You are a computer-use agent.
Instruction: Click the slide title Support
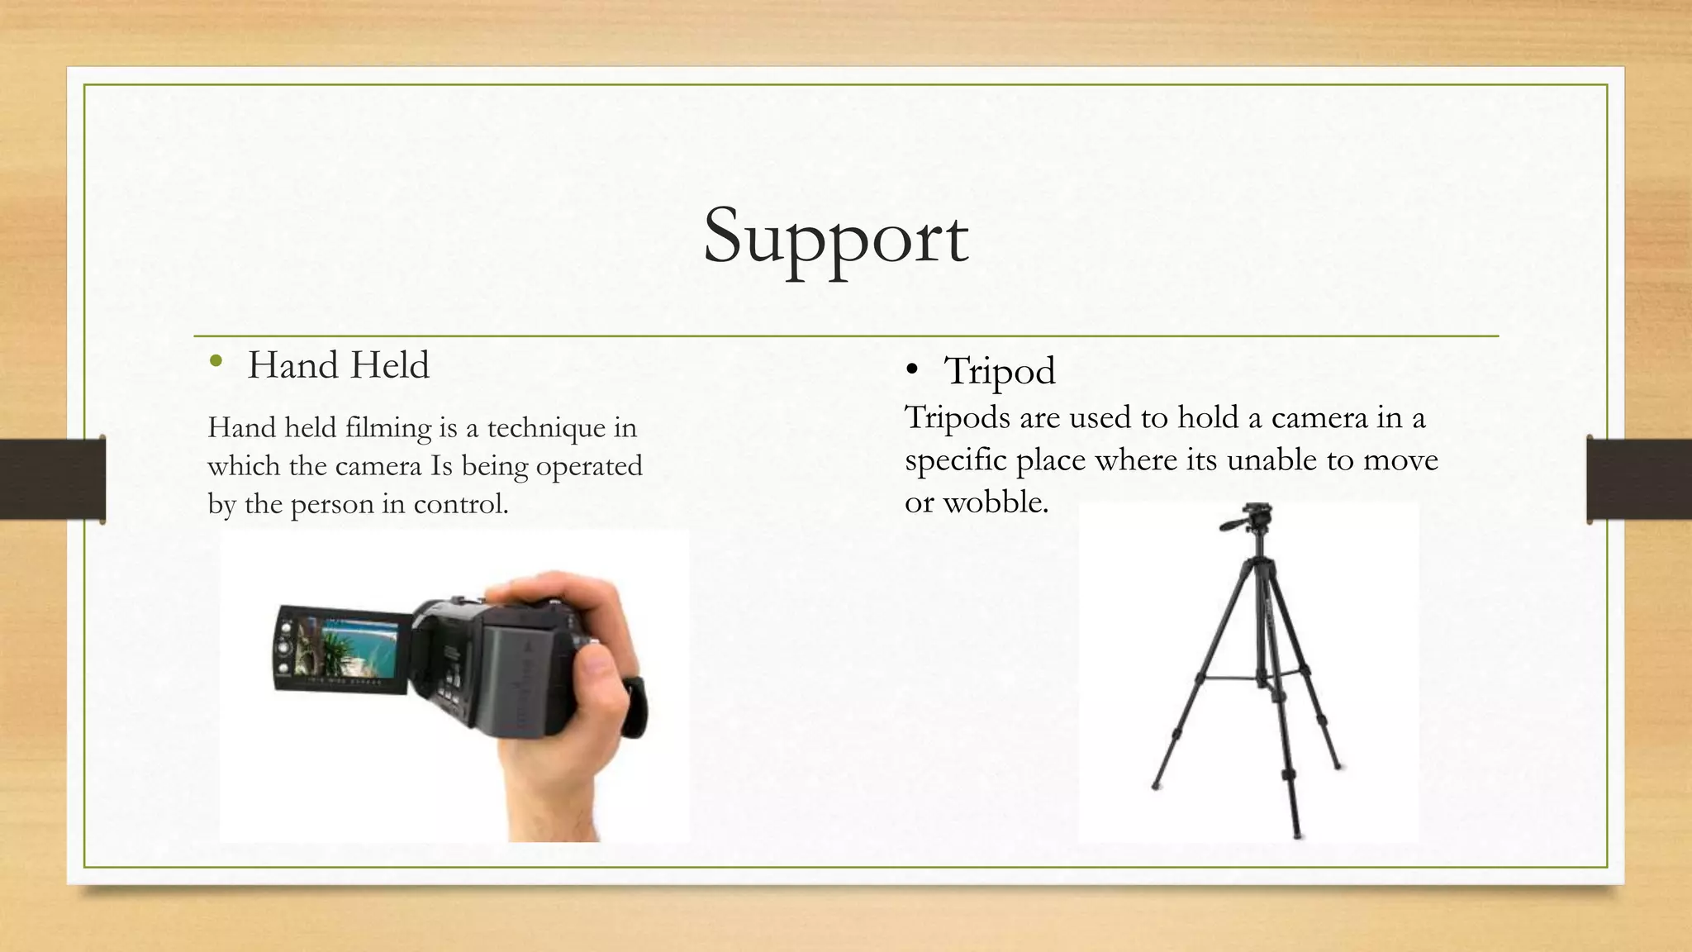pyautogui.click(x=835, y=238)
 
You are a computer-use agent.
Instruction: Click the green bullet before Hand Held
pyautogui.click(x=216, y=360)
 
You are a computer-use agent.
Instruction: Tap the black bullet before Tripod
pyautogui.click(x=911, y=370)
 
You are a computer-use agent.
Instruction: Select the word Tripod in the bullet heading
pyautogui.click(x=1000, y=370)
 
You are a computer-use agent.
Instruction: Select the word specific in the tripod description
pyautogui.click(x=955, y=460)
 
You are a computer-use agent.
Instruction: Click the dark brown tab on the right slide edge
pyautogui.click(x=1639, y=479)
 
